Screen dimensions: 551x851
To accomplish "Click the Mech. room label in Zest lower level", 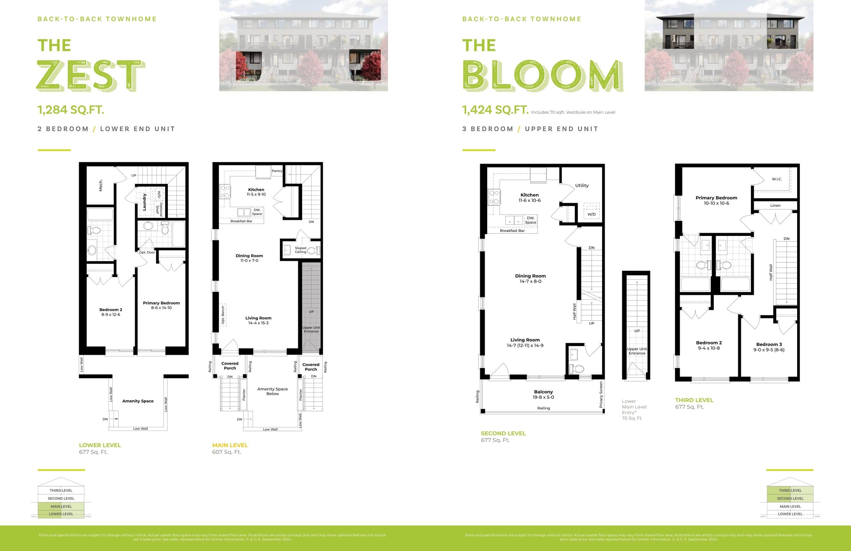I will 101,185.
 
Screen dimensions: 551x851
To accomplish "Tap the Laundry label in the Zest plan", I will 144,202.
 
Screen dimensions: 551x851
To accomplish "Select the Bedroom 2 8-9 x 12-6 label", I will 110,312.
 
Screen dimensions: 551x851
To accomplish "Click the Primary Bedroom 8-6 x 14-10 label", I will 161,305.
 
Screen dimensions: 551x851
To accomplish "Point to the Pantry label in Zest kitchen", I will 277,171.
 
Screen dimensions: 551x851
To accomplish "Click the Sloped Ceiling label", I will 300,250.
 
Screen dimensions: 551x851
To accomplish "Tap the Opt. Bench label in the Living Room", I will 223,315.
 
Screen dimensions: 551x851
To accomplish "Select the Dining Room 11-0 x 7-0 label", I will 249,258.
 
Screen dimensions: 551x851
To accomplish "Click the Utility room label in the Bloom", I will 581,185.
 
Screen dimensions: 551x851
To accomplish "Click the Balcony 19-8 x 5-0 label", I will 543,394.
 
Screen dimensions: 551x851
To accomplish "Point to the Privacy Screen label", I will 601,394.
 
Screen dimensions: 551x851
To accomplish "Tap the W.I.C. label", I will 777,179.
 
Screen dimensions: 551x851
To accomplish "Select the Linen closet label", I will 775,205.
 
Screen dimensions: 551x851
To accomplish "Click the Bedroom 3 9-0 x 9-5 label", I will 769,347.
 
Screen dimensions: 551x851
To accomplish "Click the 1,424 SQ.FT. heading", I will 495,109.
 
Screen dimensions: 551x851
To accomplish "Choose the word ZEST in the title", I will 91,76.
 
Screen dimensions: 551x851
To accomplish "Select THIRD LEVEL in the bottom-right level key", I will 790,490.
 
